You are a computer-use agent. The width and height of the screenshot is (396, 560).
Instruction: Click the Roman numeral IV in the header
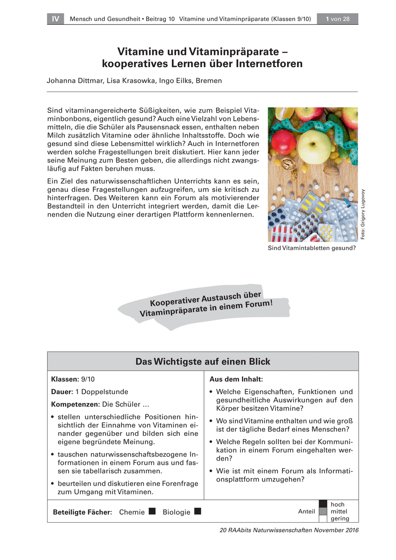55,19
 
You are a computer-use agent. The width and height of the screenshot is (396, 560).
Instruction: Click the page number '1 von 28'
337,19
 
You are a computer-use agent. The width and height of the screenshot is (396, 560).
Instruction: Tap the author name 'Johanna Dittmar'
75,81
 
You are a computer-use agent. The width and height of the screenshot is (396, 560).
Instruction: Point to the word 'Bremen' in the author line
209,81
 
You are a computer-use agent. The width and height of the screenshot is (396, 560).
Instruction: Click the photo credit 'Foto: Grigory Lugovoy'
363,214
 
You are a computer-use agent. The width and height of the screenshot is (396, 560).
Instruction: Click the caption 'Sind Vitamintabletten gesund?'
311,248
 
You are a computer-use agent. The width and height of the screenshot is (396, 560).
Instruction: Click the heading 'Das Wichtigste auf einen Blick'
203,362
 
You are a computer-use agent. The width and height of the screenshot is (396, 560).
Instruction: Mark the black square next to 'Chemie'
152,511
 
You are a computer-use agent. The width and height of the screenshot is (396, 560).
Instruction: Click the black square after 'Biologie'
198,511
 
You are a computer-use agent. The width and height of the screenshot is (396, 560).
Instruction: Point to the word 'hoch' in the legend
337,504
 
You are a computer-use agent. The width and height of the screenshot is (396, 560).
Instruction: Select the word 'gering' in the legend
339,518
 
